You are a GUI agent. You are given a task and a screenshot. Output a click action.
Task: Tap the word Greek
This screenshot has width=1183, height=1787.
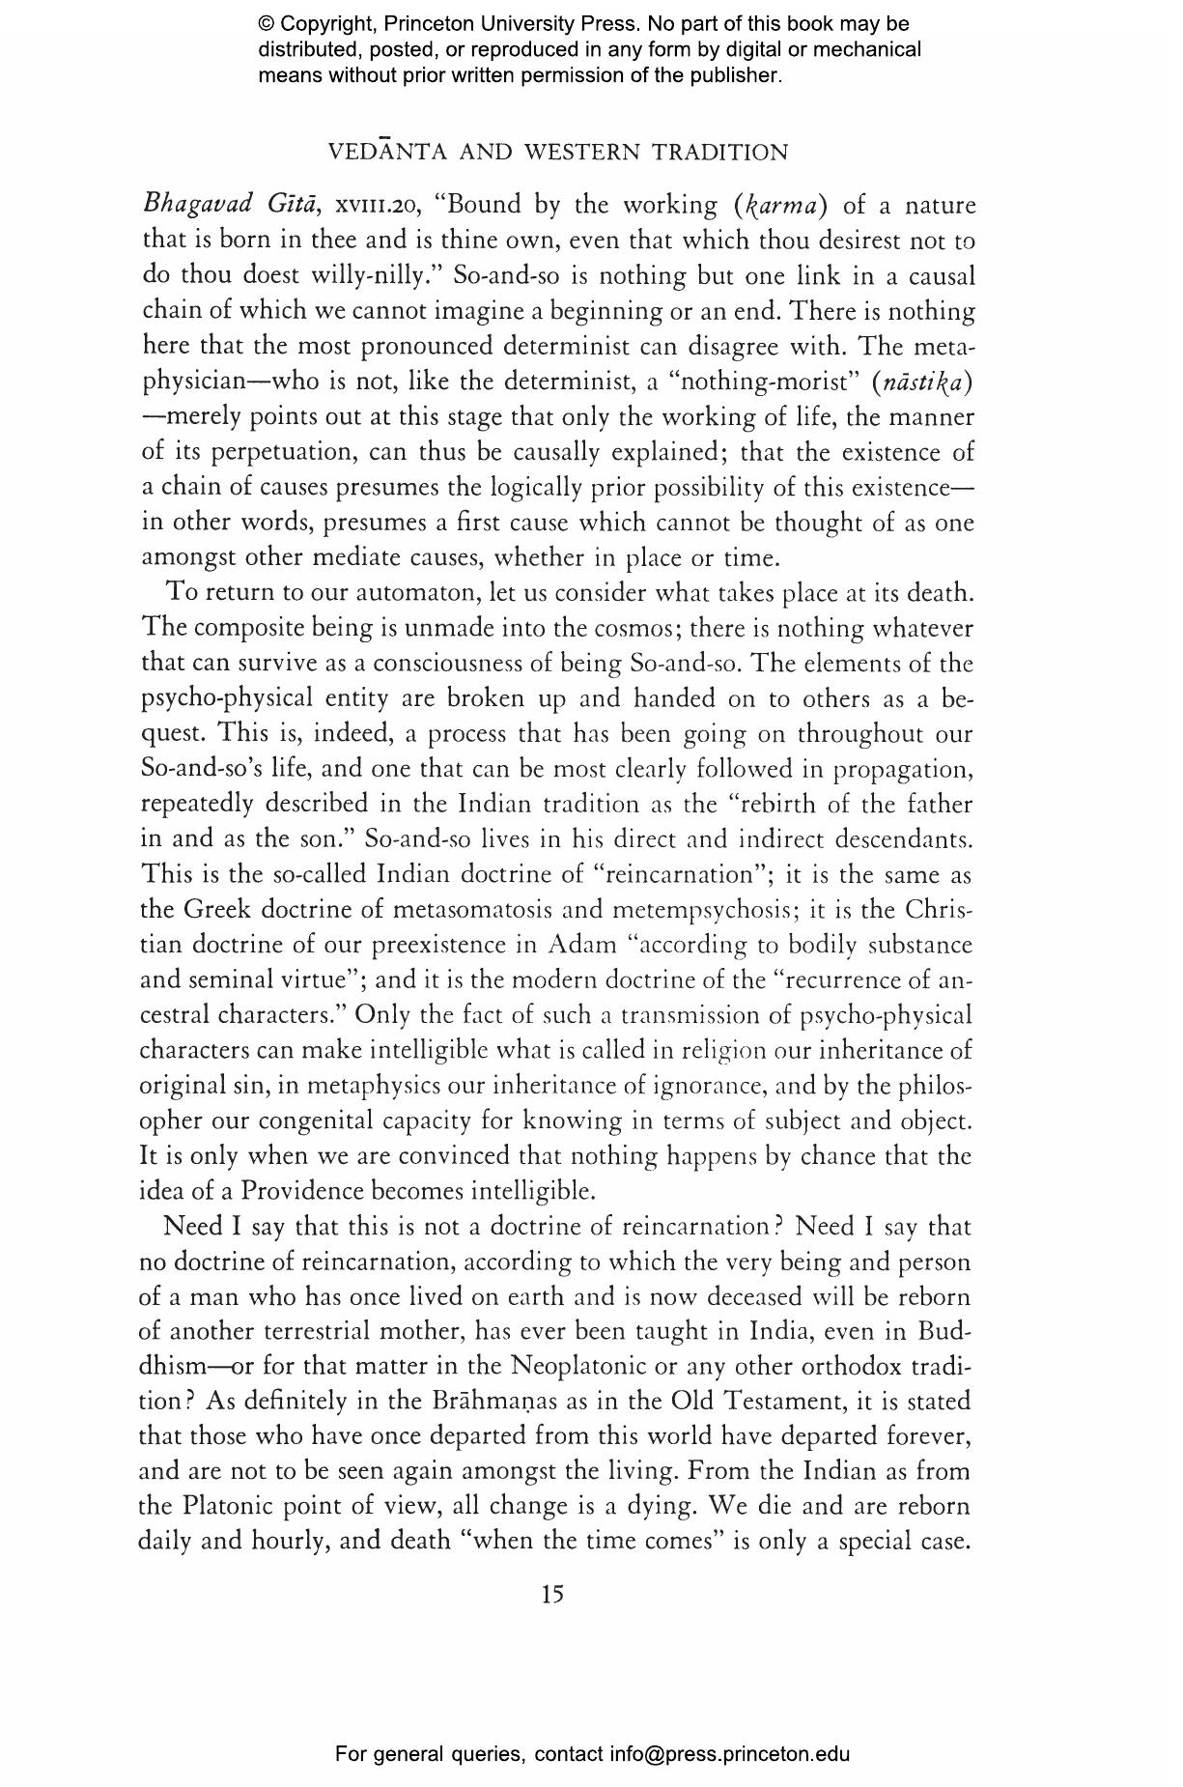click(215, 910)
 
